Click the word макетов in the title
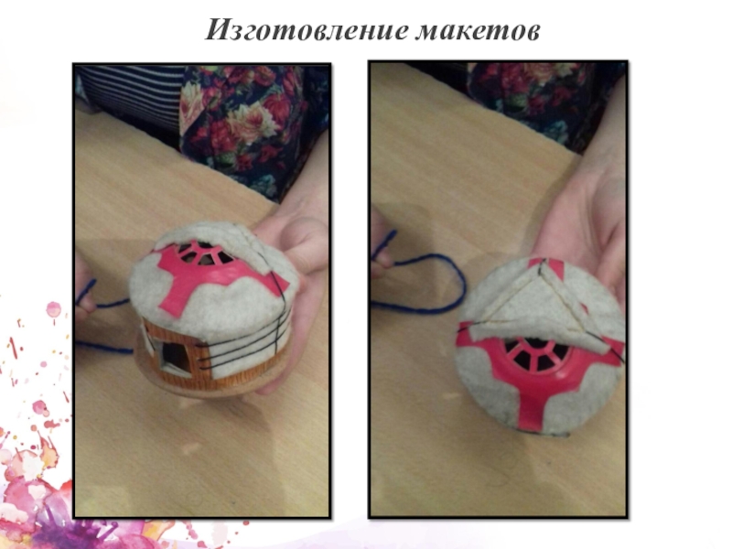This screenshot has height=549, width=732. tap(478, 32)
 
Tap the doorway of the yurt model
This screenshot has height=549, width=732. tap(174, 357)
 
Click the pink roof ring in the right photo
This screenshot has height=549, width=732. tap(537, 356)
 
